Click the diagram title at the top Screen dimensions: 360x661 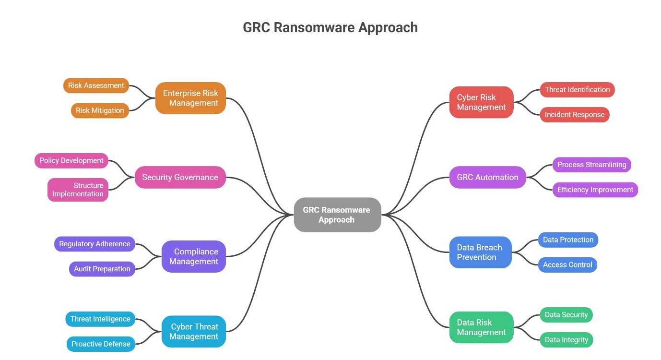coord(330,28)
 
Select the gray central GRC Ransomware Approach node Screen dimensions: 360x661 coord(337,215)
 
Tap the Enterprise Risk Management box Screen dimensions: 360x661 coord(190,98)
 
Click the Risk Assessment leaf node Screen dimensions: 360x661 coord(96,85)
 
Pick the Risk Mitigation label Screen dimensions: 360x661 coord(100,110)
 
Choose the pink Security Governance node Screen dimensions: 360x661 coord(180,177)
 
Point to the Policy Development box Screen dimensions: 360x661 coord(71,160)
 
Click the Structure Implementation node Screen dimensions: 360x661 coord(78,190)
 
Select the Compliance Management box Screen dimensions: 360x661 coord(193,256)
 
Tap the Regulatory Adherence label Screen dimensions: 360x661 coord(94,244)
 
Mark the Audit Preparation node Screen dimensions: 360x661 coord(102,269)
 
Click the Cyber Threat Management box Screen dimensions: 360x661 coord(193,331)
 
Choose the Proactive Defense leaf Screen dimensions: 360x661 coord(101,344)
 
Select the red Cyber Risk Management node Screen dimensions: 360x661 coord(481,102)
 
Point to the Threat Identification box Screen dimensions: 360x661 coord(577,90)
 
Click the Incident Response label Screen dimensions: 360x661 coord(574,115)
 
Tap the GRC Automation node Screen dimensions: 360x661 coord(487,177)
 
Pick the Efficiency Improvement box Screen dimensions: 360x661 coord(595,190)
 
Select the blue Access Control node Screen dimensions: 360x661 coord(567,264)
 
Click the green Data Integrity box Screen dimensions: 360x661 coord(566,340)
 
